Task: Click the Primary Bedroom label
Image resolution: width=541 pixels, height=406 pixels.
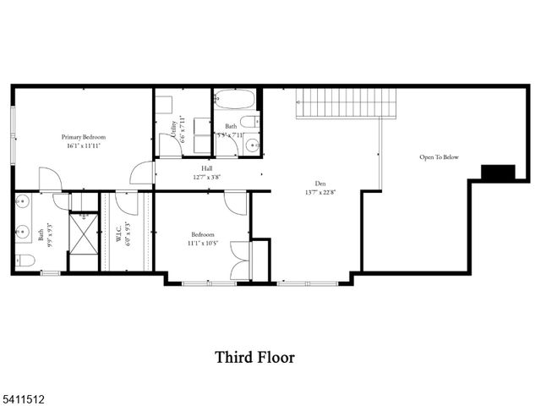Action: [x=82, y=136]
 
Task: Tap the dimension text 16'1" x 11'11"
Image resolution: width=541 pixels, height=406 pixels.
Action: [x=82, y=145]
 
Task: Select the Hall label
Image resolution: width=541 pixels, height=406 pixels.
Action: [x=206, y=168]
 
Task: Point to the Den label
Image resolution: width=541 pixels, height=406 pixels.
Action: [x=320, y=183]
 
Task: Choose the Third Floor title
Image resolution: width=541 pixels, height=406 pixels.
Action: [x=254, y=358]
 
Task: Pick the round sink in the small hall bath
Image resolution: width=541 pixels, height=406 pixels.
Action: [x=251, y=146]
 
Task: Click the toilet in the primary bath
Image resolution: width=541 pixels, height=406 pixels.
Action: [x=24, y=261]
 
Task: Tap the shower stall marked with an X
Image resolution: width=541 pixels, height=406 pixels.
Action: [x=84, y=238]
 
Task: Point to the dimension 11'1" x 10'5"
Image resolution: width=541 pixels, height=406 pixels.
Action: [x=202, y=244]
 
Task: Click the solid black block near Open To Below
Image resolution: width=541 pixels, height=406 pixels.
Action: [x=498, y=172]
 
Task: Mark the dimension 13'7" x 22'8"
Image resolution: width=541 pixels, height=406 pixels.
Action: [x=320, y=191]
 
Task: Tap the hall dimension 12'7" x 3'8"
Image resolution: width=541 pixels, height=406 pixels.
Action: [x=206, y=177]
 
